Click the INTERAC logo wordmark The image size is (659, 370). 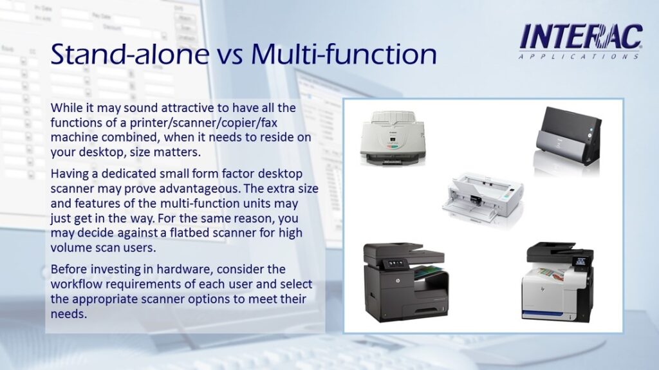[x=581, y=37]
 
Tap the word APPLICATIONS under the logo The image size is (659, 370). [x=579, y=57]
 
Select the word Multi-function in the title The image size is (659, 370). [x=344, y=54]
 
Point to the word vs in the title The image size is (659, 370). [x=230, y=57]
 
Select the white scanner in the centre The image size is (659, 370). [x=483, y=198]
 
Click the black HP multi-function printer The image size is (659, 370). [x=405, y=282]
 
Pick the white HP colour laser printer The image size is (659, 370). [x=557, y=281]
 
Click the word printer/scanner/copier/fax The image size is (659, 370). [x=203, y=123]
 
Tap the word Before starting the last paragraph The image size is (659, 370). [x=69, y=269]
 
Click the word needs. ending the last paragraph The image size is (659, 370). [x=68, y=314]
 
